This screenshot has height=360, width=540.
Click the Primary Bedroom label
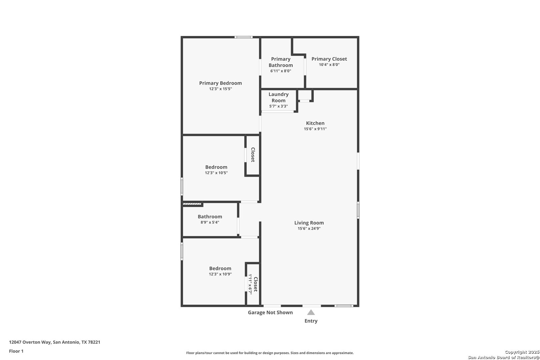(220, 83)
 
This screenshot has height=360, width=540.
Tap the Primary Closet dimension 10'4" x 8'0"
(329, 65)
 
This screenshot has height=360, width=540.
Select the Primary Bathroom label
(281, 62)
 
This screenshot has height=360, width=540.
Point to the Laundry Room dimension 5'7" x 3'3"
(278, 106)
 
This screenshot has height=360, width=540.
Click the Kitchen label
(315, 123)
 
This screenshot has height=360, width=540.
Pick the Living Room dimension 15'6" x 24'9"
(309, 229)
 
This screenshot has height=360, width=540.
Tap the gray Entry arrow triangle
(311, 312)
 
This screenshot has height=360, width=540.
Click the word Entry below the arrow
(311, 321)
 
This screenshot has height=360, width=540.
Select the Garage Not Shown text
(270, 312)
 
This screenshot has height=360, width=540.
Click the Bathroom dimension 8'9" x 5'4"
(210, 222)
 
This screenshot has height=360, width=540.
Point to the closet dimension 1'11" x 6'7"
(250, 284)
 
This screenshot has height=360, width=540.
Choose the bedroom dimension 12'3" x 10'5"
(216, 173)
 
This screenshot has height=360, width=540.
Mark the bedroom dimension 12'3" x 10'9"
(220, 274)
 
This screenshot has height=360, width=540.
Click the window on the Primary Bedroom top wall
(243, 37)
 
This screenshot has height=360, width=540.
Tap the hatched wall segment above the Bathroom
(192, 204)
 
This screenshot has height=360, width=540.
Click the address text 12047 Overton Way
(30, 342)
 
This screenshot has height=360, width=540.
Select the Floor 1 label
(16, 351)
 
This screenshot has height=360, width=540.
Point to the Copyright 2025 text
(522, 352)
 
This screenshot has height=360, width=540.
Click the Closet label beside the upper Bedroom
(253, 155)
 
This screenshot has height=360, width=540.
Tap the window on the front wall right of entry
(344, 306)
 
